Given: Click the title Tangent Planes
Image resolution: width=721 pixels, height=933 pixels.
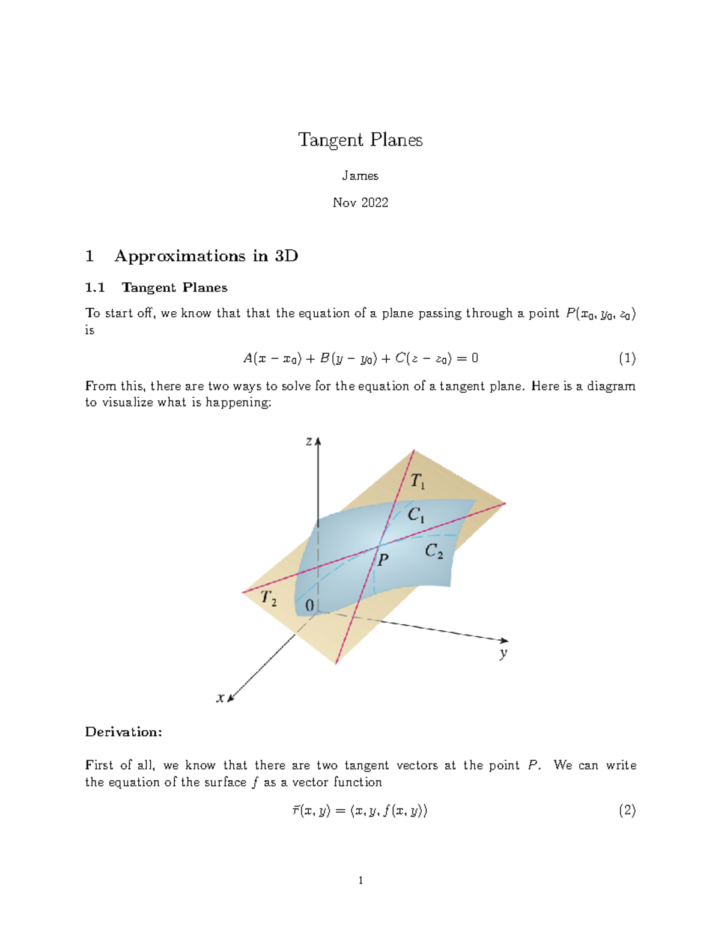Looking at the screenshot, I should (360, 140).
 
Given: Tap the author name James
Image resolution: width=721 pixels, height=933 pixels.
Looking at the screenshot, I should (360, 175).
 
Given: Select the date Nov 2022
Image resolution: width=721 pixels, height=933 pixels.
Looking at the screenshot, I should (360, 202).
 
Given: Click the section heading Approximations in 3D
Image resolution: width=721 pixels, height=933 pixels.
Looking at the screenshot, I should (206, 256).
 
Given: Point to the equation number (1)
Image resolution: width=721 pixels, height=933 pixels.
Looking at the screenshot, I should (627, 359).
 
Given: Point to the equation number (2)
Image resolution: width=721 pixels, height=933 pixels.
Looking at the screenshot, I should (627, 810).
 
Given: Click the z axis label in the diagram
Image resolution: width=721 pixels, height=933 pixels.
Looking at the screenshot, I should (309, 442).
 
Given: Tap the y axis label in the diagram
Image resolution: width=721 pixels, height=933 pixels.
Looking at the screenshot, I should (503, 653).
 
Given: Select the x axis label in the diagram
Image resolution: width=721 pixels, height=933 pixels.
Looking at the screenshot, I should (221, 697).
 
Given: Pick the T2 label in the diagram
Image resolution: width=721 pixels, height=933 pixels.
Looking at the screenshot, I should (269, 598).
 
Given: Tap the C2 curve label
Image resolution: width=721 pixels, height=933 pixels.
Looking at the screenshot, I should (434, 551).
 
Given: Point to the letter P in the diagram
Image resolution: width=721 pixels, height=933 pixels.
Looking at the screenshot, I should (383, 560).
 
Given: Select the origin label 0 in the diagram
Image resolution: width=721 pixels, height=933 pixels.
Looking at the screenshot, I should (309, 606).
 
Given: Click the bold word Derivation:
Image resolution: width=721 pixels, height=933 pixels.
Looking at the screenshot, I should (124, 732).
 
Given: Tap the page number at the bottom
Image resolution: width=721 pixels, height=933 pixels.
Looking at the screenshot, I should (360, 881).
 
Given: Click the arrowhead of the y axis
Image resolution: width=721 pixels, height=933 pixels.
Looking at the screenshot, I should (505, 640).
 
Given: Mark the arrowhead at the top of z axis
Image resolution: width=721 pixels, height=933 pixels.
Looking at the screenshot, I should (318, 441).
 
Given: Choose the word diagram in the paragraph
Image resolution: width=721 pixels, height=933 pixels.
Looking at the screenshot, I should (611, 386).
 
